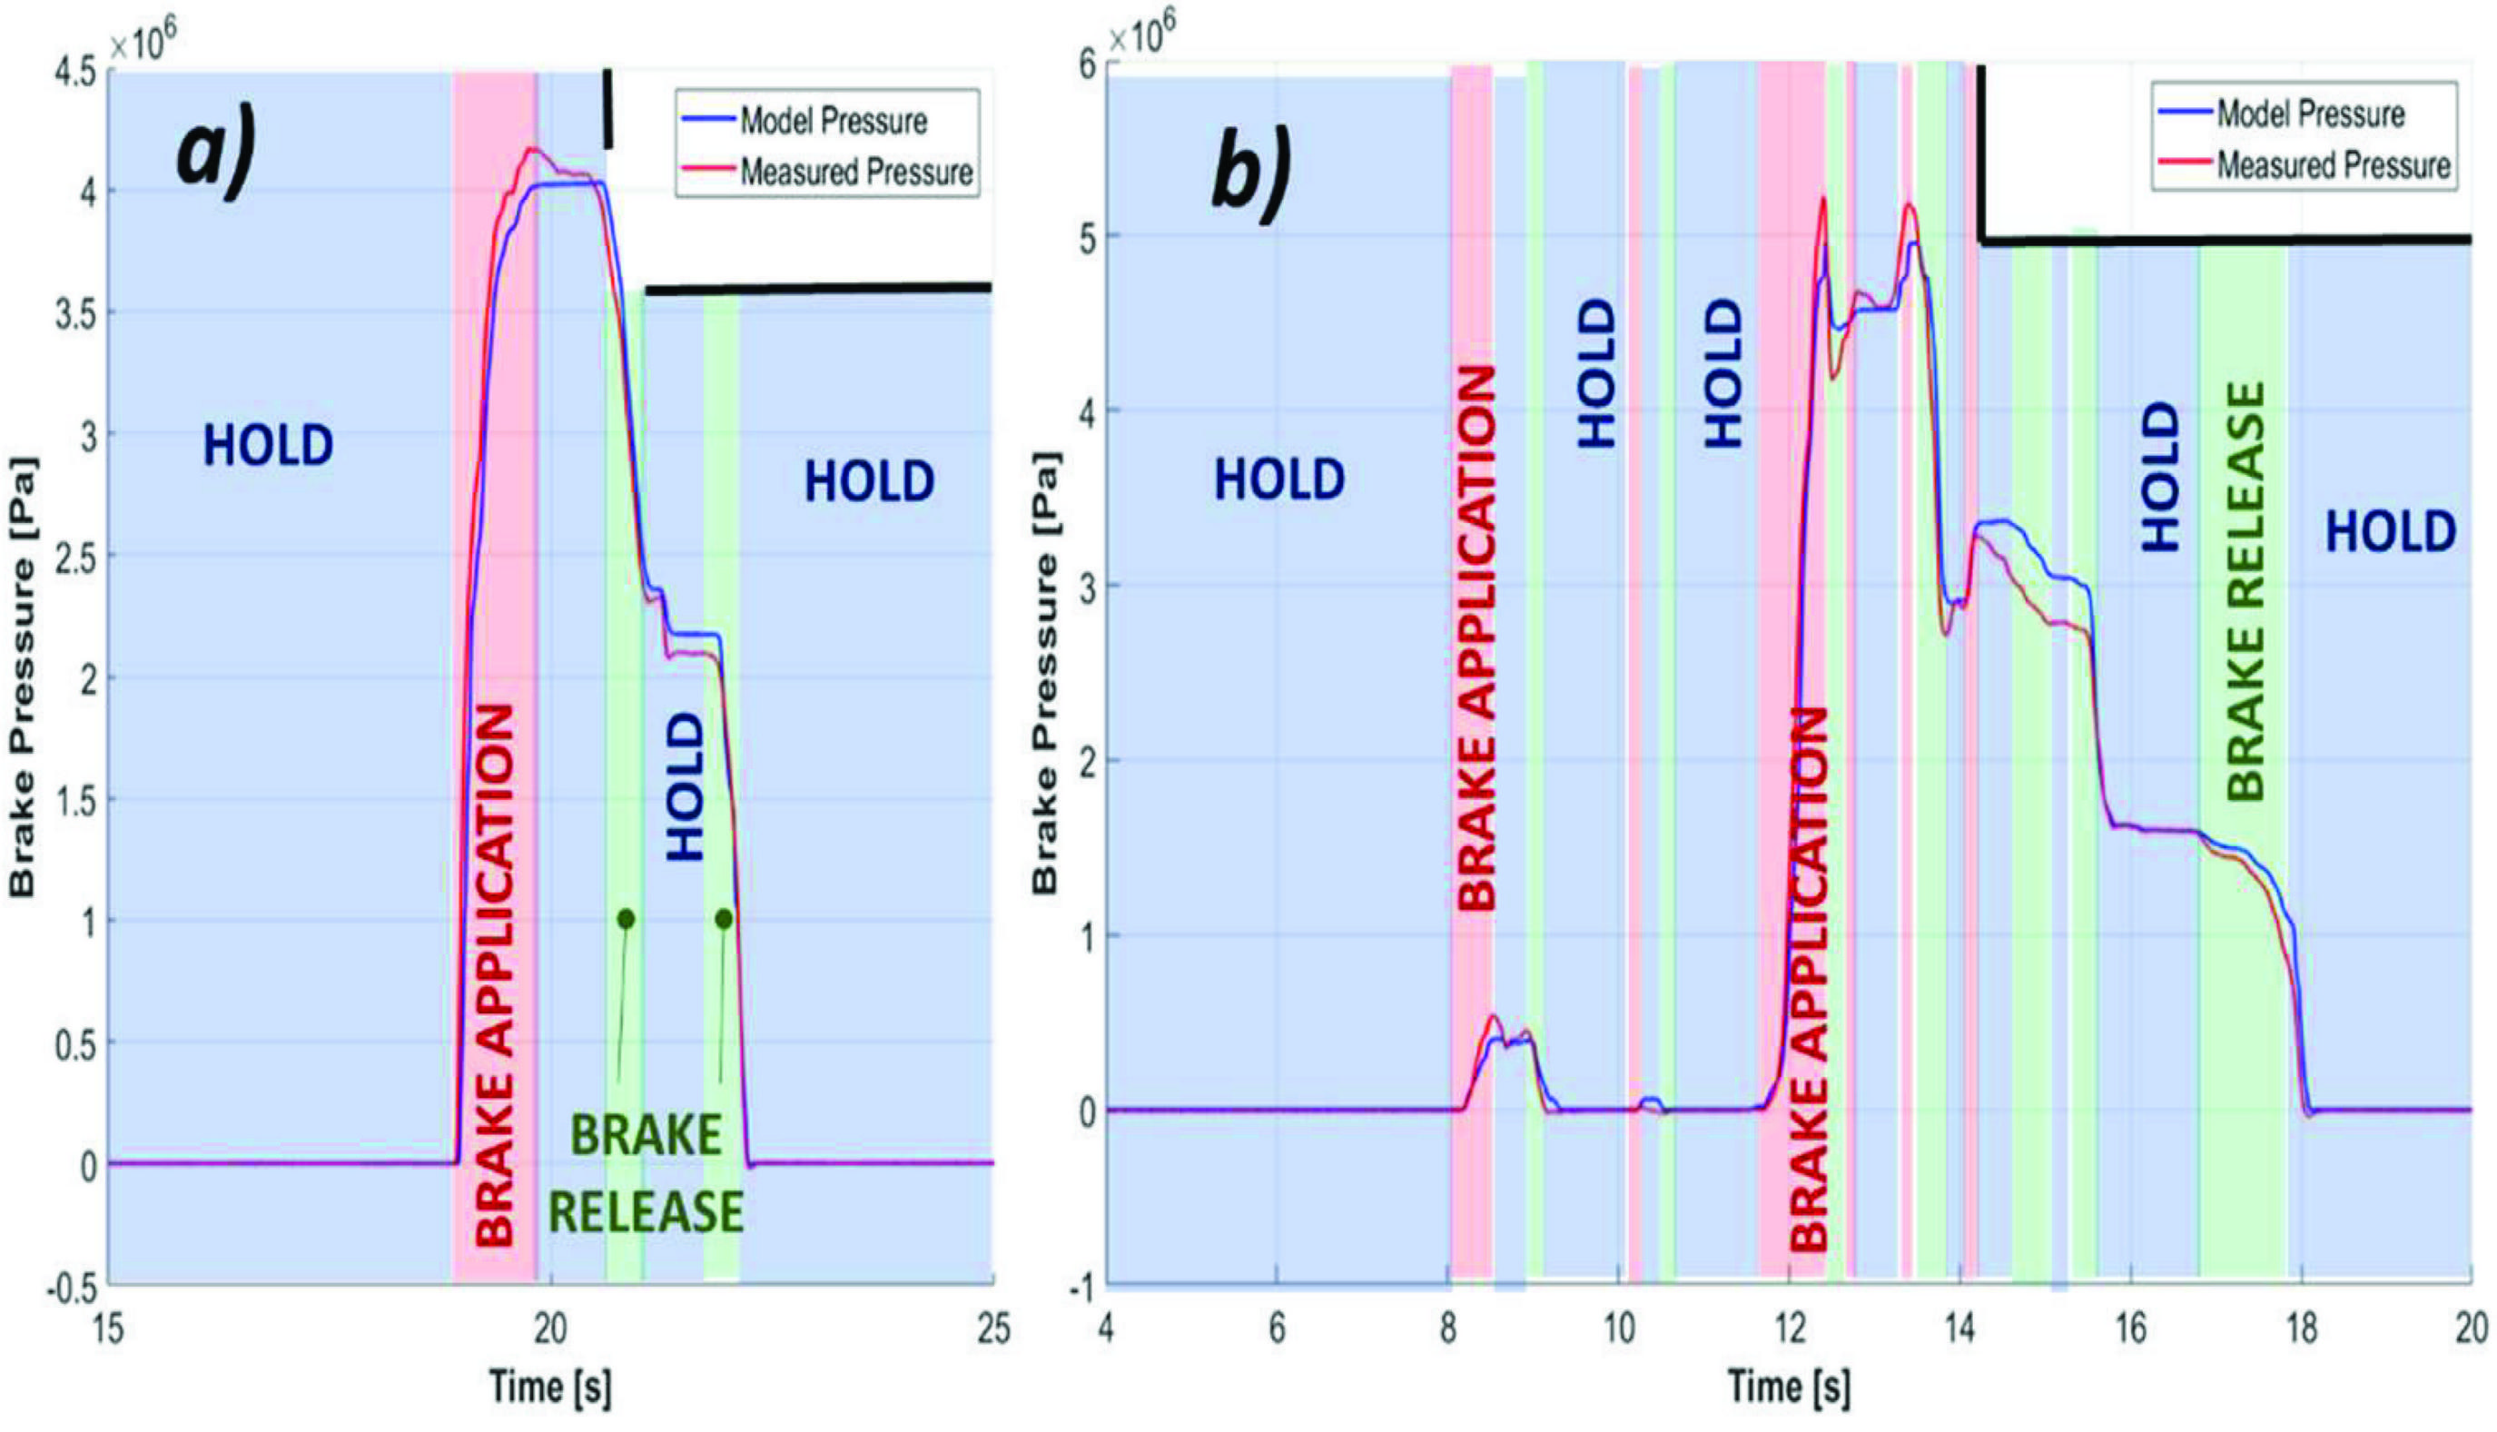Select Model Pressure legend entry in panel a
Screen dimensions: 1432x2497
pyautogui.click(x=832, y=122)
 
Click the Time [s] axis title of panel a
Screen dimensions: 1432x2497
pyautogui.click(x=551, y=1388)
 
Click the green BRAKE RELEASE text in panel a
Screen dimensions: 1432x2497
pyautogui.click(x=646, y=1174)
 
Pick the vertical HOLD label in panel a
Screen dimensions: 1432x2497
pyautogui.click(x=686, y=786)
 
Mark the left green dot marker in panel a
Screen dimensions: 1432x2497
pyautogui.click(x=626, y=919)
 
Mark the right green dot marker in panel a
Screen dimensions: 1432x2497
pyautogui.click(x=724, y=919)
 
